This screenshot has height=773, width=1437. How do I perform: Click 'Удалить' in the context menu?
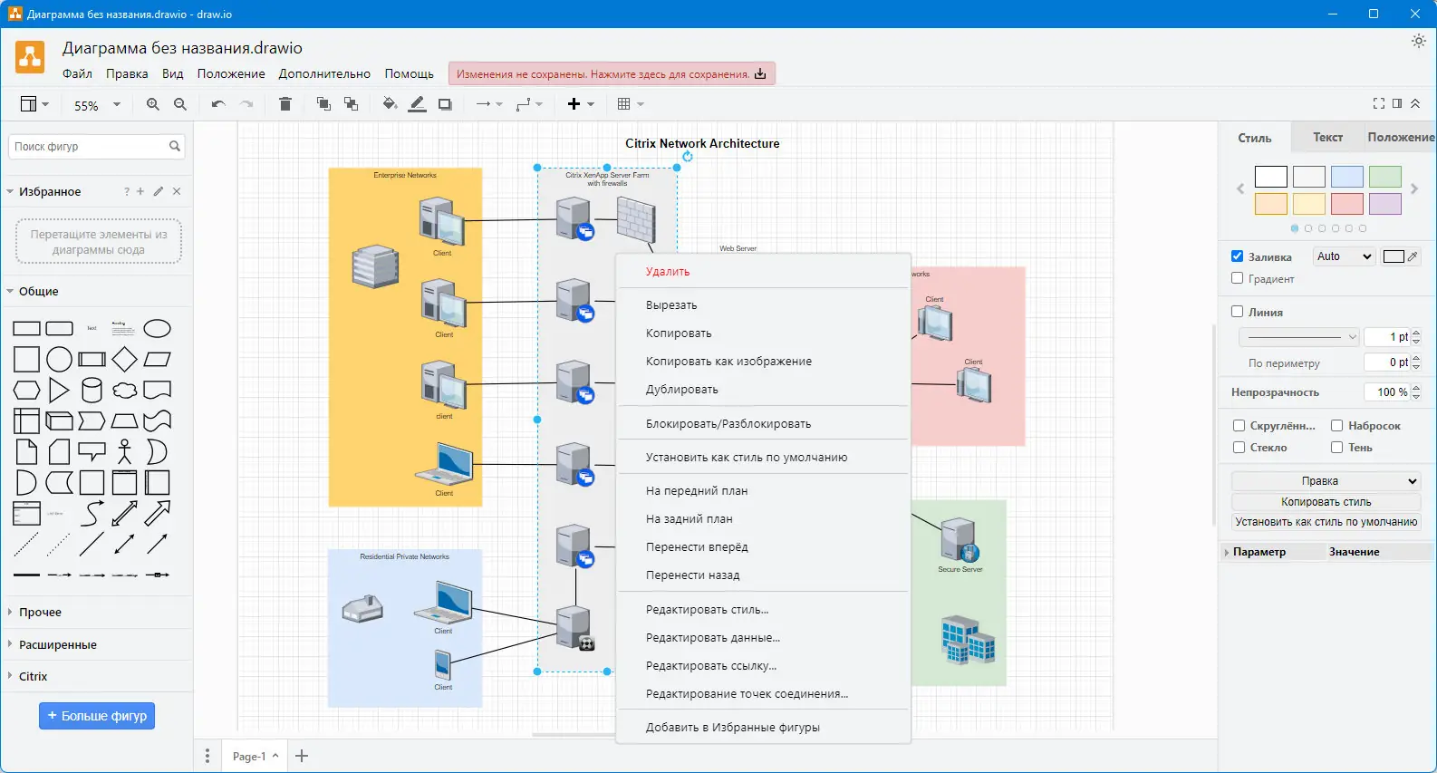click(x=668, y=272)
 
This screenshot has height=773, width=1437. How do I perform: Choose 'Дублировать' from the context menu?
click(x=681, y=390)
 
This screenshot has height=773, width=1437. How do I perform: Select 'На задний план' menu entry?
click(x=689, y=519)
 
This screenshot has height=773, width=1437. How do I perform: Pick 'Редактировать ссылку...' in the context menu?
click(x=710, y=666)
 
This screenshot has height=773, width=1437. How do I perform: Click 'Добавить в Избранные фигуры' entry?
click(x=732, y=728)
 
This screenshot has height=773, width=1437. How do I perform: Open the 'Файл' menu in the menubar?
click(x=77, y=74)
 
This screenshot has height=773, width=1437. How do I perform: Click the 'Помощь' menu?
click(x=409, y=74)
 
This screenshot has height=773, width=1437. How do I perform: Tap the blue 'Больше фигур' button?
click(x=97, y=716)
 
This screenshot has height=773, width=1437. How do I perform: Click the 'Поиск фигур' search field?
click(x=89, y=146)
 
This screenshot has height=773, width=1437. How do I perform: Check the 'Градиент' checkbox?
click(x=1238, y=278)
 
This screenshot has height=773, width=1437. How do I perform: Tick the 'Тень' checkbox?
click(x=1336, y=447)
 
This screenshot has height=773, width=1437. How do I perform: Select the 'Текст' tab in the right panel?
click(x=1327, y=138)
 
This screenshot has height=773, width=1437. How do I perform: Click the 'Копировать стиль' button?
click(x=1326, y=502)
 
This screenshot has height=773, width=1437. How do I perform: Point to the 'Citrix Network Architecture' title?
click(x=702, y=143)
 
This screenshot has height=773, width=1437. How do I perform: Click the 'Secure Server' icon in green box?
click(x=959, y=541)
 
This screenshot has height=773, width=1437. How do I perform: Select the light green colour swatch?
click(x=1384, y=177)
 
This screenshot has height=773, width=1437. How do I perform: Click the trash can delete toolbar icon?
click(x=285, y=104)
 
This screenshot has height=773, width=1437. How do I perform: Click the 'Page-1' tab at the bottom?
click(x=249, y=756)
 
